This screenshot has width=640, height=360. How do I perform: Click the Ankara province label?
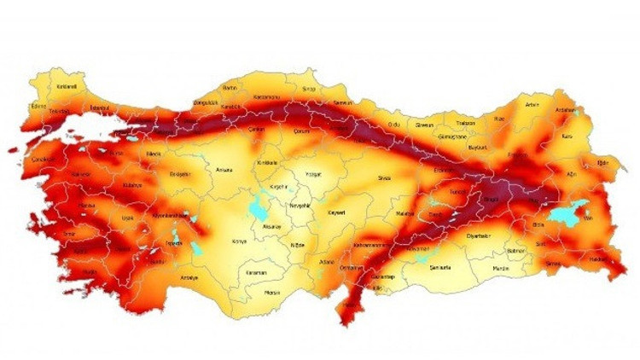click(x=224, y=169)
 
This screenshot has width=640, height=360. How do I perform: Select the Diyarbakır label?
click(x=480, y=235)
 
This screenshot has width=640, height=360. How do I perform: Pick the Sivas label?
click(x=384, y=178)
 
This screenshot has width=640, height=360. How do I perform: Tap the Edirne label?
click(x=38, y=106)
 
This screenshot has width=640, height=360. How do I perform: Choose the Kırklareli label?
click(x=44, y=86)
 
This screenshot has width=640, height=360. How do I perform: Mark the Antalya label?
click(x=189, y=277)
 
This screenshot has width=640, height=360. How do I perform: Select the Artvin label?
click(x=532, y=105)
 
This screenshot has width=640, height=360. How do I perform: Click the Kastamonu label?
click(x=266, y=97)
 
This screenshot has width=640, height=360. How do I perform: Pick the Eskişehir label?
click(x=179, y=172)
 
